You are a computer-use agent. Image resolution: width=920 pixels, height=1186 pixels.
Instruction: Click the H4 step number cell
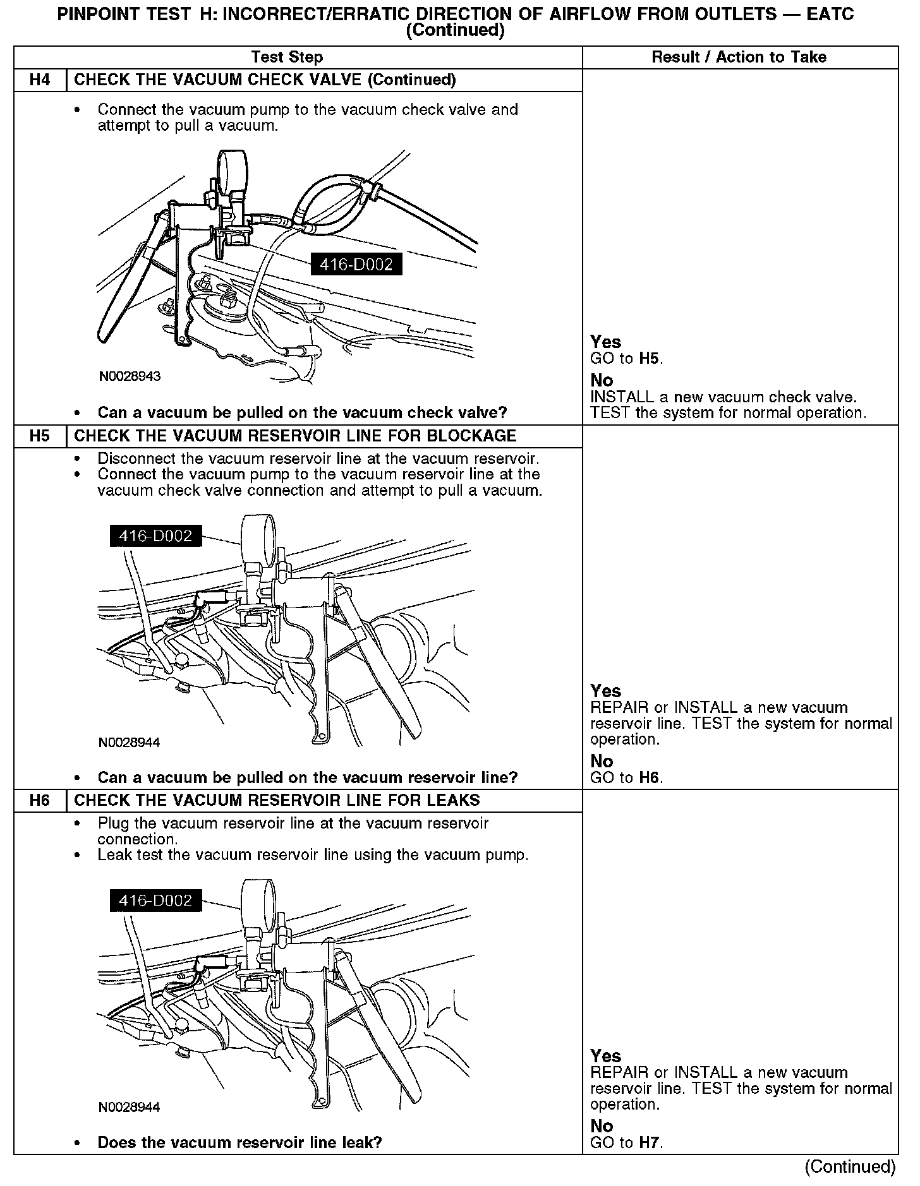(40, 80)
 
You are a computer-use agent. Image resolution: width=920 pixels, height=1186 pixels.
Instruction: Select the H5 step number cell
(40, 436)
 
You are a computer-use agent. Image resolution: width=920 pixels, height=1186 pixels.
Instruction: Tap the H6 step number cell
(40, 801)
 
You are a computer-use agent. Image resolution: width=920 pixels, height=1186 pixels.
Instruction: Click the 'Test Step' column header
(287, 57)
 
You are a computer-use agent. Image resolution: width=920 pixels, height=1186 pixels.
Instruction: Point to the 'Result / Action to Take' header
(739, 57)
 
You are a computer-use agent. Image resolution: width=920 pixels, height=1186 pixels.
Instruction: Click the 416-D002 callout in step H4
(356, 265)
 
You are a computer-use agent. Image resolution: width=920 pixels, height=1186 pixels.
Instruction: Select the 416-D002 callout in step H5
(155, 536)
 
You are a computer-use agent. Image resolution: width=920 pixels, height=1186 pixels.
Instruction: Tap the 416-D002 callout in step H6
(155, 901)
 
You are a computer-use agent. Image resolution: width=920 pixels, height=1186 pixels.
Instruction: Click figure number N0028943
(130, 376)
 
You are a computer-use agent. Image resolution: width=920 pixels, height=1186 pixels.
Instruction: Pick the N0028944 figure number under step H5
(130, 743)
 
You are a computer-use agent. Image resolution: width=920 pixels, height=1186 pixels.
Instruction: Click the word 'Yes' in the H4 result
(605, 342)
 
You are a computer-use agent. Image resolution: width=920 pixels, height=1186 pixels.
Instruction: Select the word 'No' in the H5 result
(602, 762)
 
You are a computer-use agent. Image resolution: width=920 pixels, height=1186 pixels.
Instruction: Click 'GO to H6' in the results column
(626, 777)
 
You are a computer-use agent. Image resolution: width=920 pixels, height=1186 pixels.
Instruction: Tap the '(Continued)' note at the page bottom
(850, 1166)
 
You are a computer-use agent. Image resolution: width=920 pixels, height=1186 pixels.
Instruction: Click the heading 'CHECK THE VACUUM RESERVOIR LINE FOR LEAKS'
(277, 801)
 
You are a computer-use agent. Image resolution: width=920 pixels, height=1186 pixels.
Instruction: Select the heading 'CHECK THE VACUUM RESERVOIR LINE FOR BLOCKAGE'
(295, 436)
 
